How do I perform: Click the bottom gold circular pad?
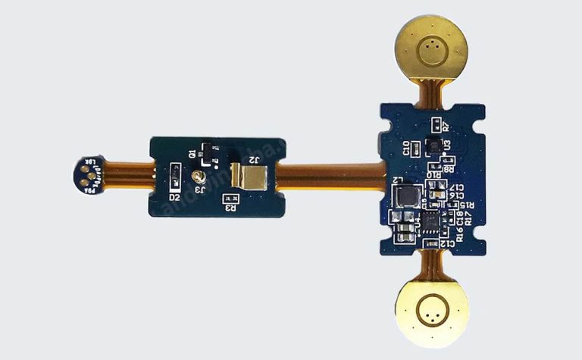pos(431,310)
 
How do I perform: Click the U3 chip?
pos(433,144)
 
